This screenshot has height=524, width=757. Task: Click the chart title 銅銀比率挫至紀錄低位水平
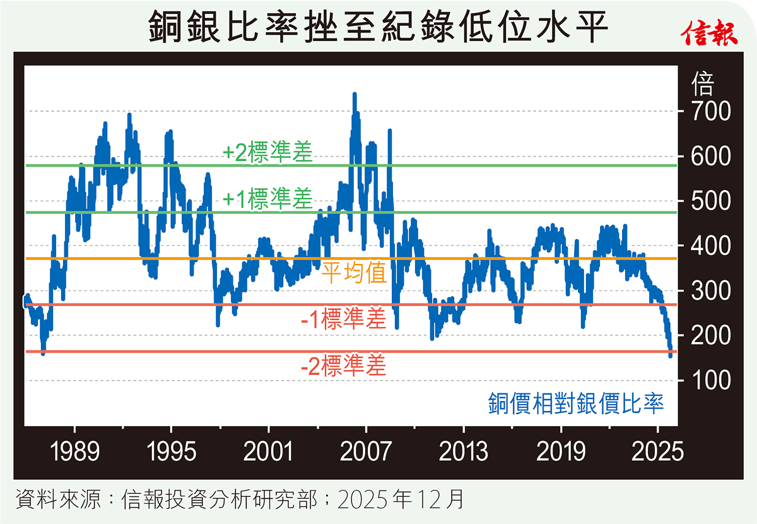[378, 29]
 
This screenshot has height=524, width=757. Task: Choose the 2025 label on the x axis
[658, 452]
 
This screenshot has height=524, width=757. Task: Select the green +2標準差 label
[267, 153]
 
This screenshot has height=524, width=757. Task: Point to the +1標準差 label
[267, 199]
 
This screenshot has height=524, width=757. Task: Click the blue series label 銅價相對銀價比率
[575, 403]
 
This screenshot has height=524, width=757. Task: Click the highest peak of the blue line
[355, 95]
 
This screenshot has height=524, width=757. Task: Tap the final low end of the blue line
[670, 355]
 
